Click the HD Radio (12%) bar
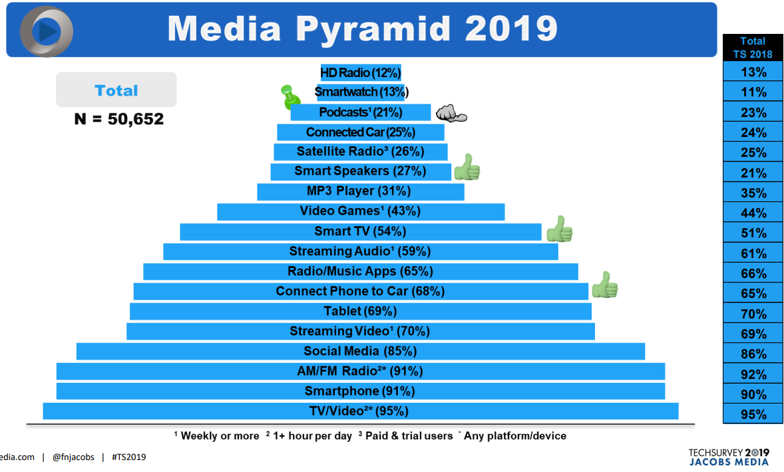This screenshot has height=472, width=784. tap(361, 72)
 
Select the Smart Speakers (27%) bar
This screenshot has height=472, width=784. tap(360, 172)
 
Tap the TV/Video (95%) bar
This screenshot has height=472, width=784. tap(360, 411)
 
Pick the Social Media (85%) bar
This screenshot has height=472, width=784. tap(360, 351)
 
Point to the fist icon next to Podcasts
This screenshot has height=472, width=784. tap(451, 114)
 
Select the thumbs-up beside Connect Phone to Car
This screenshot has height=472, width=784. tap(605, 285)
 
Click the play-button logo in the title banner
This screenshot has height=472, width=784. tap(46, 30)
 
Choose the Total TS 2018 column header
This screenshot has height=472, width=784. tap(753, 47)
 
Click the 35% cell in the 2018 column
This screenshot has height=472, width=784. tap(753, 193)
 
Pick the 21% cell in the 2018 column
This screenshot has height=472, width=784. tap(753, 174)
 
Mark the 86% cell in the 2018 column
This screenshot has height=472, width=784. tap(753, 354)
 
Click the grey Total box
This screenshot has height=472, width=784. tap(116, 90)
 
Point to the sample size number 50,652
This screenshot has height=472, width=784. tap(136, 120)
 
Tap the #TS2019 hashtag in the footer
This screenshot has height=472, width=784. tap(129, 457)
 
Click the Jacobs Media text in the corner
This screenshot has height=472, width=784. tap(729, 461)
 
